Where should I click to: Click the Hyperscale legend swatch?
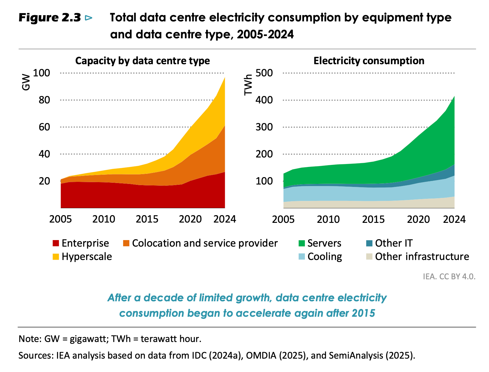56,257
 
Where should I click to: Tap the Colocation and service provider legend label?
205,243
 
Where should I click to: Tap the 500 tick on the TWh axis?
264,73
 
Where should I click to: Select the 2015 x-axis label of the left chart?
148,219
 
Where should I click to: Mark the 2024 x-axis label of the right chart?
454,219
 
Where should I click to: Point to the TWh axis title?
248,85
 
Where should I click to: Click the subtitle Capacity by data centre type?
142,61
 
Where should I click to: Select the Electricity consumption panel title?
369,61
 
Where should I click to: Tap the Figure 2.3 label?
50,18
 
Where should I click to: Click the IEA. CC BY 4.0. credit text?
449,277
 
